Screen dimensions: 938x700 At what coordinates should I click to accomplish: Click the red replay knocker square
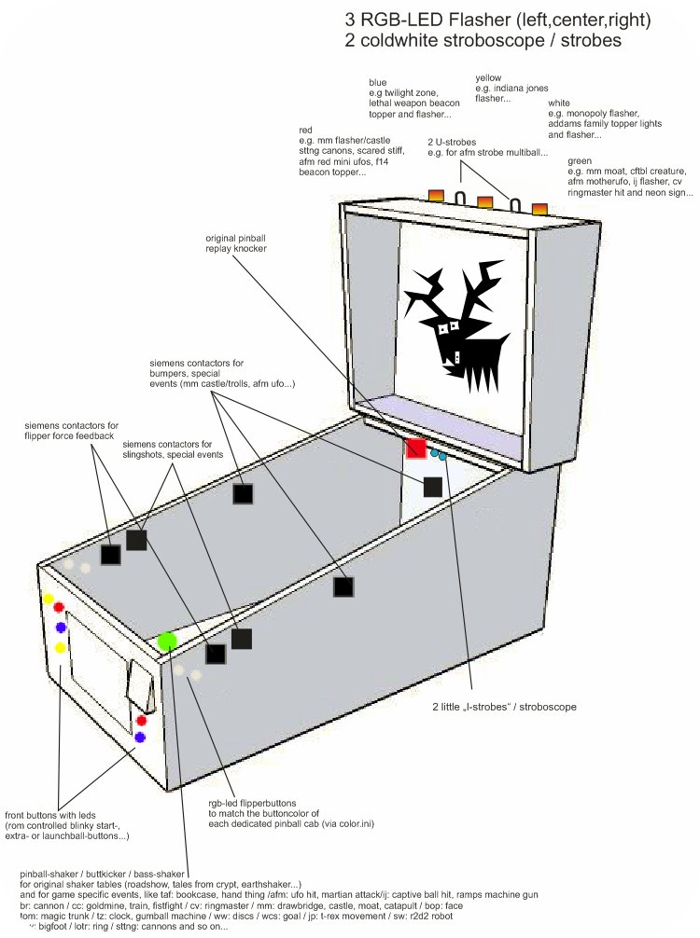[416, 448]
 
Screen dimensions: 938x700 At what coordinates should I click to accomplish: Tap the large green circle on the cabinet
[167, 641]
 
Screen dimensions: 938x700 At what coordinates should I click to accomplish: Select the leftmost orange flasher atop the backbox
[436, 195]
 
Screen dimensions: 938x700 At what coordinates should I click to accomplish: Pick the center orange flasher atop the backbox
[484, 201]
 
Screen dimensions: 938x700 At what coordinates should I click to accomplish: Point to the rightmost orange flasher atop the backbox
[539, 208]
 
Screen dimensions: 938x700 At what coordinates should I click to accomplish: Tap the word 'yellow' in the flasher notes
[489, 78]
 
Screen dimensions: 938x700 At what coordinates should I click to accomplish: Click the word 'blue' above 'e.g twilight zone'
[378, 82]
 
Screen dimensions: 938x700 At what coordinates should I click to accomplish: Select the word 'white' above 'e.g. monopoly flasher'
[560, 103]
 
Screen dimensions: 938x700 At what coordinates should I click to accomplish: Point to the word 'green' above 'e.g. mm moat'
[581, 160]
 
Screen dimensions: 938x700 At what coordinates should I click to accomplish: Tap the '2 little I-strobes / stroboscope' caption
[505, 708]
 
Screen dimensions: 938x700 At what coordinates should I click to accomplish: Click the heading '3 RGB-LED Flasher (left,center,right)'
[497, 19]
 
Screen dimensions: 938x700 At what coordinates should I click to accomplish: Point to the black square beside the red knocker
[432, 486]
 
